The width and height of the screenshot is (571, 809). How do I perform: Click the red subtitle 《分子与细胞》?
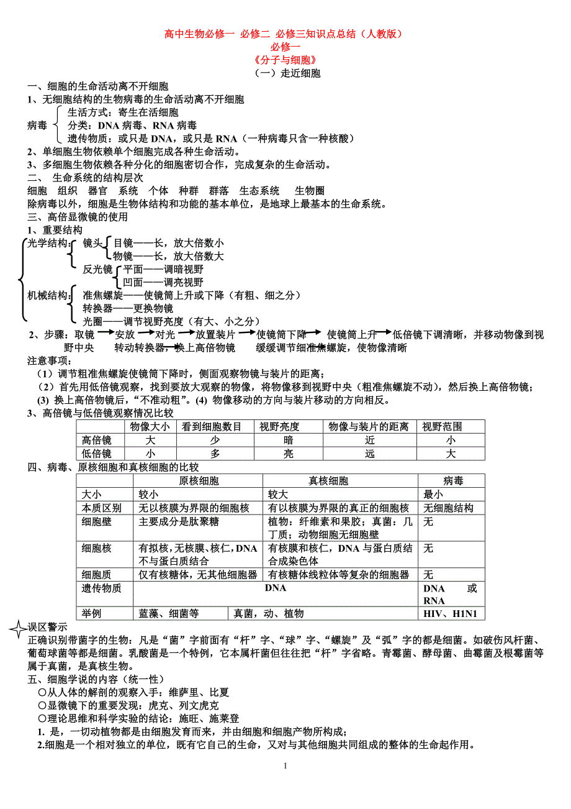(x=285, y=60)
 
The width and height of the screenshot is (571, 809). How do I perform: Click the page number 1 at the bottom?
(x=285, y=766)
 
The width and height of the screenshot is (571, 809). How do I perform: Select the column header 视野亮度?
(x=279, y=427)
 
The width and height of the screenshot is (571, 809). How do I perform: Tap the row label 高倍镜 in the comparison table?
(x=96, y=441)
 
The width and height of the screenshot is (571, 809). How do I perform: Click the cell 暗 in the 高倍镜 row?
(x=288, y=441)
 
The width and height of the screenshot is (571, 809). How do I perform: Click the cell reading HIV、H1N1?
(x=451, y=614)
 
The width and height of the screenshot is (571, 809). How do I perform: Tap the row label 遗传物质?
(x=102, y=588)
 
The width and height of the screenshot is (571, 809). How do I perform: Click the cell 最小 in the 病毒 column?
(x=433, y=495)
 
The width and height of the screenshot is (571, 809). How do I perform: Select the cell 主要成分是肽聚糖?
(x=179, y=522)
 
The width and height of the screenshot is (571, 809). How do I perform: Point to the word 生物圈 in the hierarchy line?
(x=310, y=191)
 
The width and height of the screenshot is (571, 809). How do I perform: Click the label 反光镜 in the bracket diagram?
(x=97, y=269)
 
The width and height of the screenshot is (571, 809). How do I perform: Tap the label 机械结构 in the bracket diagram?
(x=47, y=296)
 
